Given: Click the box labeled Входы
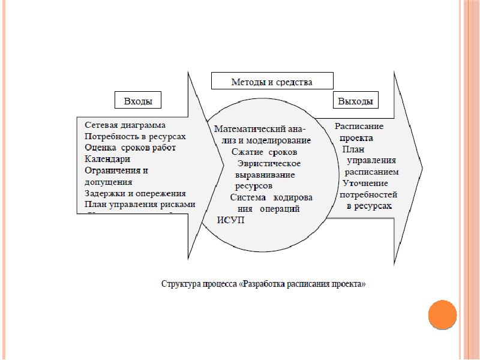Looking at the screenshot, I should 137,100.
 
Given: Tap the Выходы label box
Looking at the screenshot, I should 355,100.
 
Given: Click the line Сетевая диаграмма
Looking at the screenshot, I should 125,125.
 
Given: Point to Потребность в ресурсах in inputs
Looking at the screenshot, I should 136,137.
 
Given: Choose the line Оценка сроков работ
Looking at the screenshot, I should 130,148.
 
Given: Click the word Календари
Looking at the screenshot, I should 107,159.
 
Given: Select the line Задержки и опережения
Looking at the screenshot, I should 135,193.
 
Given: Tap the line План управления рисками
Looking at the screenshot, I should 140,205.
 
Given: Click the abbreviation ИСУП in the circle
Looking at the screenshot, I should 230,220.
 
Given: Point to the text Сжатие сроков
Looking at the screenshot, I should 264,152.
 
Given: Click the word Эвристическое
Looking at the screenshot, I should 269,163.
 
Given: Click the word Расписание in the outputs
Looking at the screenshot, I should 359,127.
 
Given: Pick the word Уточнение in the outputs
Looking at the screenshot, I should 365,183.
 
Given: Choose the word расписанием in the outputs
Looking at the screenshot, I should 371,172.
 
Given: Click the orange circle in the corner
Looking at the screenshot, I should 443,314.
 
